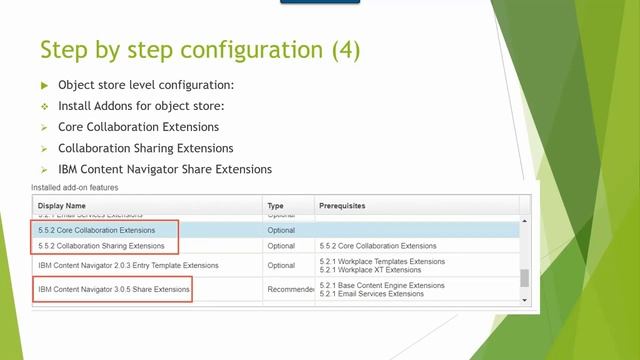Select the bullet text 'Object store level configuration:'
point(146,85)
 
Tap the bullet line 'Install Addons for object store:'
point(141,106)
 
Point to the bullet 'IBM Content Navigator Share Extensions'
point(165,169)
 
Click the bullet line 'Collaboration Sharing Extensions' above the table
point(146,148)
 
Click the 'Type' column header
point(277,206)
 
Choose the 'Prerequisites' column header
point(341,206)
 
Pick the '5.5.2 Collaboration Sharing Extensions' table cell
point(101,245)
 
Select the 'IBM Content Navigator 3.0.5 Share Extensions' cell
point(113,290)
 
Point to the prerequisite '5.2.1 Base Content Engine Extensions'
point(382,285)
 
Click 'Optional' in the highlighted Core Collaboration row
point(281,230)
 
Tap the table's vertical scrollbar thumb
point(525,279)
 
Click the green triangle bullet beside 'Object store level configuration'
point(44,86)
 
